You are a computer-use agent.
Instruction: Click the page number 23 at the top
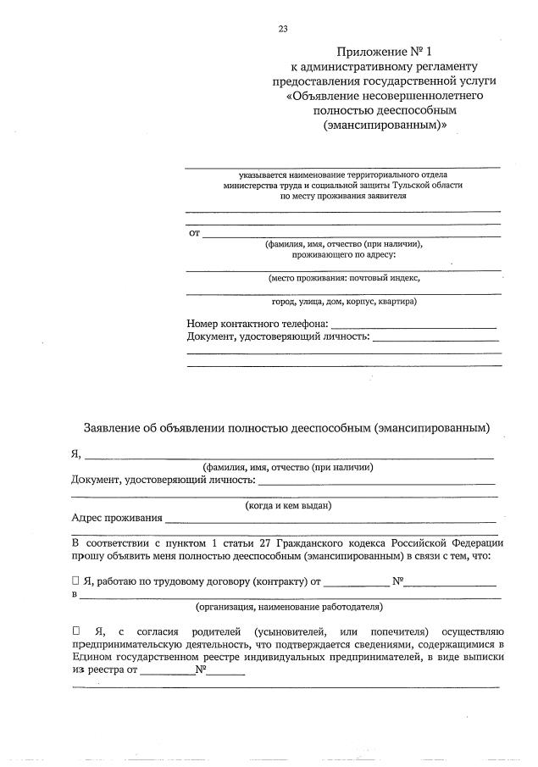click(283, 29)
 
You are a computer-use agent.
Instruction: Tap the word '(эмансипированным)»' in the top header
click(384, 125)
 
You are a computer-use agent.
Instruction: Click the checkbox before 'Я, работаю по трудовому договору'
click(75, 581)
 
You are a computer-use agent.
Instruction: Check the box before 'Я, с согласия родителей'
click(75, 631)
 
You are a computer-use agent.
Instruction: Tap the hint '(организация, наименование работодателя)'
click(289, 607)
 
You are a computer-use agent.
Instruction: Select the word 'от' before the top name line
click(193, 232)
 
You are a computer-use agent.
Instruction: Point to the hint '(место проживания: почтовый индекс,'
click(343, 277)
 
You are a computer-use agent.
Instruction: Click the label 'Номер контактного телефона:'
click(257, 324)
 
